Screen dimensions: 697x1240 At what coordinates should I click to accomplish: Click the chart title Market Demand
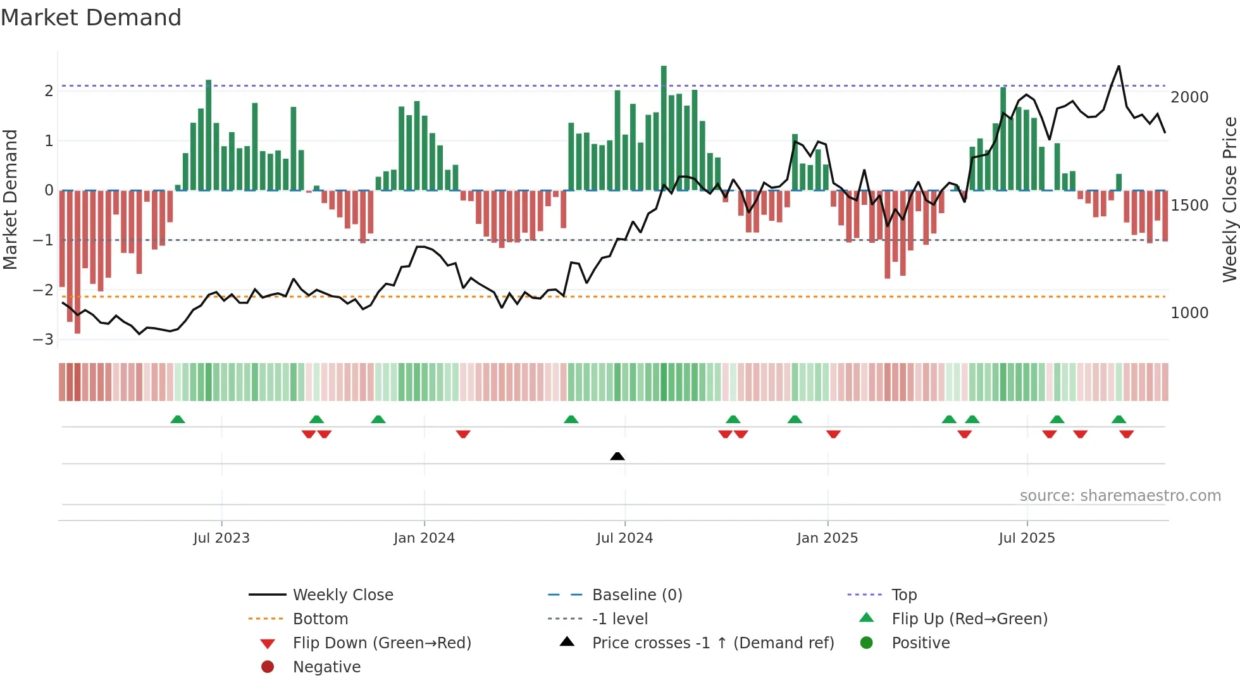point(91,18)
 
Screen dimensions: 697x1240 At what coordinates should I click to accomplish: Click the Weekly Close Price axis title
point(1229,199)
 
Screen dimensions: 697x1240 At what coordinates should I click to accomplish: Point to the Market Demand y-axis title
point(11,199)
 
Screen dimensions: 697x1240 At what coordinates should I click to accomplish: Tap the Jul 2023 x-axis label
point(221,538)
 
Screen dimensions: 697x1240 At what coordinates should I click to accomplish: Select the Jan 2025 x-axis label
point(827,538)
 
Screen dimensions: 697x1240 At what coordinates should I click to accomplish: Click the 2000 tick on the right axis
point(1189,97)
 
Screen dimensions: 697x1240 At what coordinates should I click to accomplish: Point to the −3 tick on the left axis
point(44,340)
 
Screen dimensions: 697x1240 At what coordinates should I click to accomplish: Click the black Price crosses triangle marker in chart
point(617,456)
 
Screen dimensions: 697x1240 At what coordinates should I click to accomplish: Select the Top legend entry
point(903,595)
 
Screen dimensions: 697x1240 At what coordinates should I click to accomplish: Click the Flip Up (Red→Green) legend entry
point(969,619)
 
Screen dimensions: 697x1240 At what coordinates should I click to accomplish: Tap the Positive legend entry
point(921,643)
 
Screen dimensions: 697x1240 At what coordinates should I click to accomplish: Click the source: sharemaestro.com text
point(1120,496)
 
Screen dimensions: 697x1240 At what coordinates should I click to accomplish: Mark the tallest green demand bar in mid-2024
point(664,126)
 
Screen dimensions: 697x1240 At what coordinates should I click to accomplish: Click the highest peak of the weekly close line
point(1119,66)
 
